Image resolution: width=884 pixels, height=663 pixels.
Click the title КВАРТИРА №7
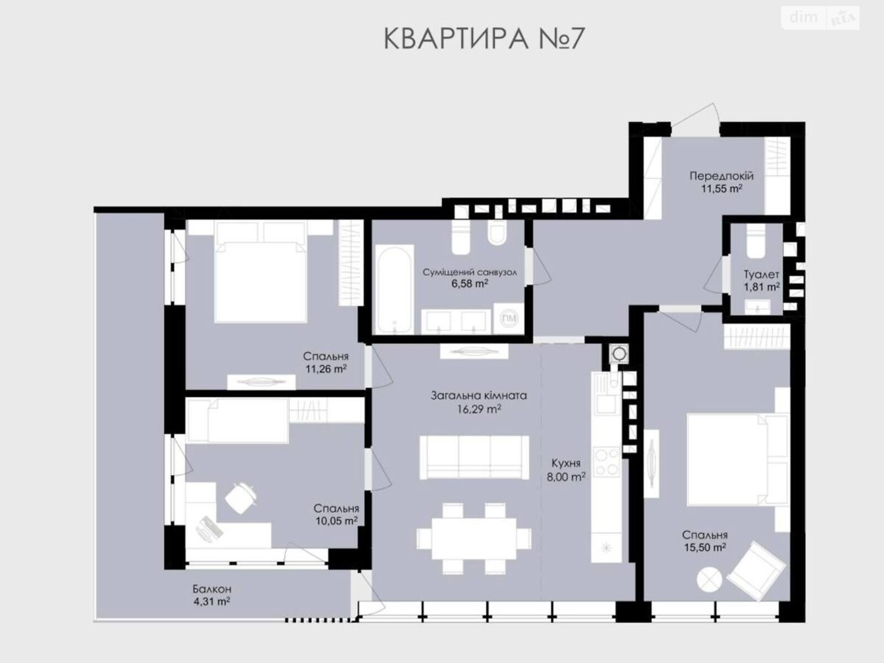click(483, 39)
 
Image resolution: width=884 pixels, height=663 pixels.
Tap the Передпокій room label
click(722, 176)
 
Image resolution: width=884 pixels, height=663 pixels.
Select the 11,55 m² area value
click(722, 188)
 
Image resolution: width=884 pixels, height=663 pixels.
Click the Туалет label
click(761, 275)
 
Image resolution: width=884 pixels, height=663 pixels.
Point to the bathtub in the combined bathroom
click(394, 290)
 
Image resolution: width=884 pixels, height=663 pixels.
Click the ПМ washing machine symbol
click(509, 318)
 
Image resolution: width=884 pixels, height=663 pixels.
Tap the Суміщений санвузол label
click(470, 272)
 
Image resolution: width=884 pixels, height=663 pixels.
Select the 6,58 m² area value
click(470, 284)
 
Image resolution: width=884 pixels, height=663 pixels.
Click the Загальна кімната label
click(479, 396)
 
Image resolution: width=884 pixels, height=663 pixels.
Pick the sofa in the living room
click(474, 457)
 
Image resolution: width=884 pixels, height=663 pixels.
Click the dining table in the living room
click(473, 539)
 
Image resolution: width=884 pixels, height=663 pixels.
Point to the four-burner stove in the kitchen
click(607, 462)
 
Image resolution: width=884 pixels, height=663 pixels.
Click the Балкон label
click(212, 589)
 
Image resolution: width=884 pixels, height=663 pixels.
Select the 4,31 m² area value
click(212, 602)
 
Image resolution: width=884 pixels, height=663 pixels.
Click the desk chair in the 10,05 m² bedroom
click(241, 498)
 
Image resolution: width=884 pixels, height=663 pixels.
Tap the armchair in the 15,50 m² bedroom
click(756, 570)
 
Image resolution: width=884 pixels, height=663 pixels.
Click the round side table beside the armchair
click(709, 580)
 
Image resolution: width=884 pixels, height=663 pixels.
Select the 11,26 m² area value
click(326, 369)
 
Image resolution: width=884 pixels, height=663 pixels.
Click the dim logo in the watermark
click(803, 17)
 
